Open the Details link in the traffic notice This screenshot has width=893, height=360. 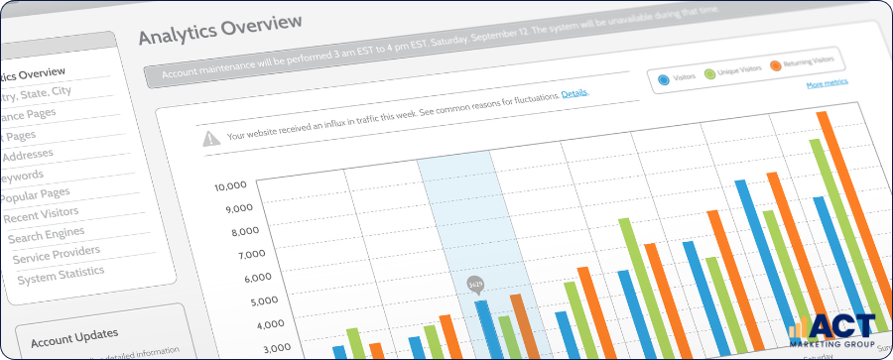574,93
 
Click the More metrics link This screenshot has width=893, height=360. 827,84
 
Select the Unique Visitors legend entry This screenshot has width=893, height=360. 733,69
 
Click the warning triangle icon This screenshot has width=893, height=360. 211,139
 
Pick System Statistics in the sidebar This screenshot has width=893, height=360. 61,277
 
